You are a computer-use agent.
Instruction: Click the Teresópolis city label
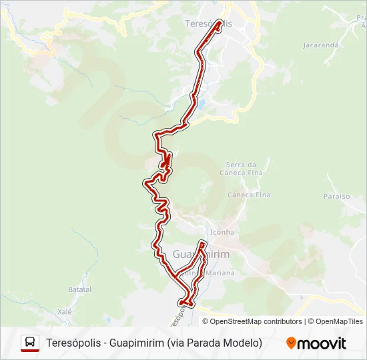pyautogui.click(x=208, y=23)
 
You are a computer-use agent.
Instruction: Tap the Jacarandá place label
pyautogui.click(x=320, y=45)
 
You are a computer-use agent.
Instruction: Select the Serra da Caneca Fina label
pyautogui.click(x=241, y=169)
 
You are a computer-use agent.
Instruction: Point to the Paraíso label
pyautogui.click(x=336, y=197)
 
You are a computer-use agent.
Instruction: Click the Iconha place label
pyautogui.click(x=222, y=232)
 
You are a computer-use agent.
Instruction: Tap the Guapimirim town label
pyautogui.click(x=201, y=255)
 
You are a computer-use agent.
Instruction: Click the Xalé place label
pyautogui.click(x=64, y=311)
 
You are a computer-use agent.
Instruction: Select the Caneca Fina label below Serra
pyautogui.click(x=249, y=195)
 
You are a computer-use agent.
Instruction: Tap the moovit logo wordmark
pyautogui.click(x=322, y=343)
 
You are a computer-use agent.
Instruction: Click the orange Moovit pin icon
pyautogui.click(x=291, y=343)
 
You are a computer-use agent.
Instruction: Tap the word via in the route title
pyautogui.click(x=177, y=343)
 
